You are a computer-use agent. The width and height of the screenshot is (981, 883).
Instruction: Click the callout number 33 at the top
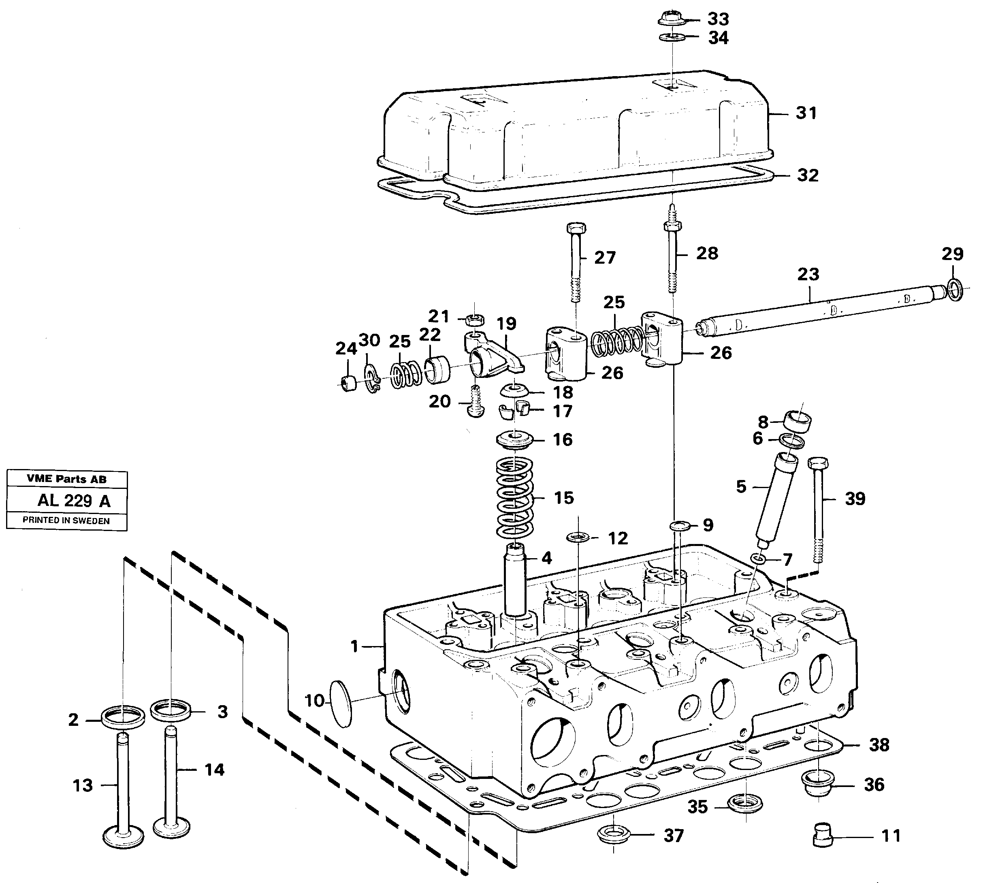[718, 19]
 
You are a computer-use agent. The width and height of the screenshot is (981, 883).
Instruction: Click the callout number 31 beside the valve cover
[806, 113]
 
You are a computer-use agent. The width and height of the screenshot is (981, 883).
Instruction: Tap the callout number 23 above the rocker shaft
[808, 275]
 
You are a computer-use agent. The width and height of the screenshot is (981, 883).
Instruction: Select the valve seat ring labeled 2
[123, 716]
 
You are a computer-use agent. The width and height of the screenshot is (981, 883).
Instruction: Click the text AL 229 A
[74, 500]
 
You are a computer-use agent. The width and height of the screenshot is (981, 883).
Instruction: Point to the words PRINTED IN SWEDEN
[66, 520]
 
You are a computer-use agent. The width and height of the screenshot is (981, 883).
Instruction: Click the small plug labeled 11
[822, 836]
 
